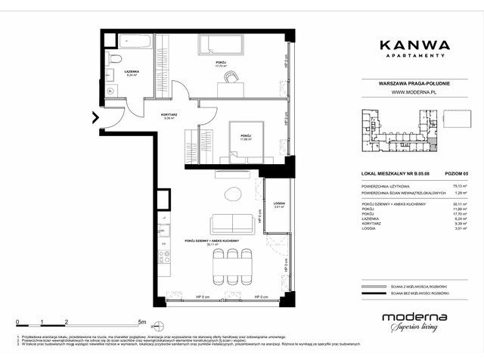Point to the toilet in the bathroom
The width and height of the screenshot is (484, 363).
point(116,59)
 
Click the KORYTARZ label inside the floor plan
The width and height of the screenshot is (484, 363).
point(169,114)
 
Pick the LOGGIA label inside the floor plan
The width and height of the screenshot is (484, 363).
point(278,203)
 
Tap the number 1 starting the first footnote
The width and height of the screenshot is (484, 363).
point(17,334)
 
